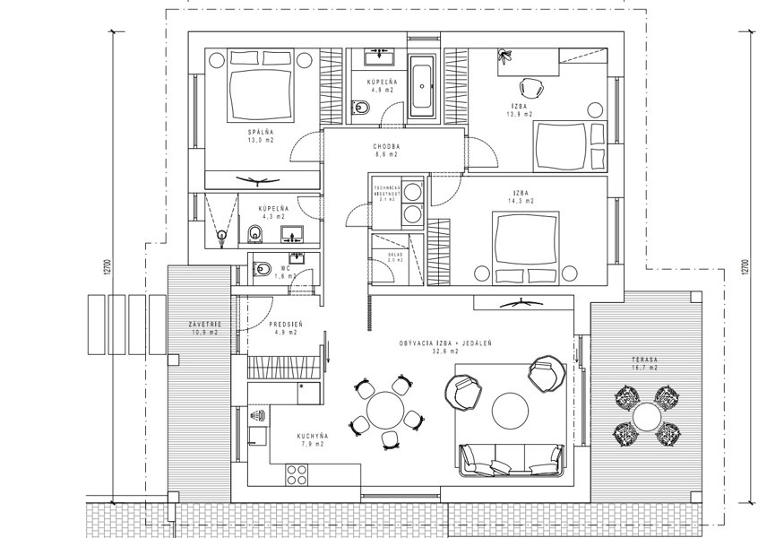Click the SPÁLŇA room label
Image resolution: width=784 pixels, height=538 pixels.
261,133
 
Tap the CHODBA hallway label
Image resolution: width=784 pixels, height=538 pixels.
387,147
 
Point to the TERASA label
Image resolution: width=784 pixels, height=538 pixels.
643,360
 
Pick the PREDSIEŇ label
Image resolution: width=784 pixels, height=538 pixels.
285,325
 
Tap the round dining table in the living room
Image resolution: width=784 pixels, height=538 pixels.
387,412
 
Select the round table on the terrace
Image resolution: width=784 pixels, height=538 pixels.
645,416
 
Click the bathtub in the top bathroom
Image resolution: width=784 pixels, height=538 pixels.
421,90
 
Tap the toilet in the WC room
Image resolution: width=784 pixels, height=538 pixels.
263,268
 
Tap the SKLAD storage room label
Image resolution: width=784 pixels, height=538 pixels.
395,254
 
